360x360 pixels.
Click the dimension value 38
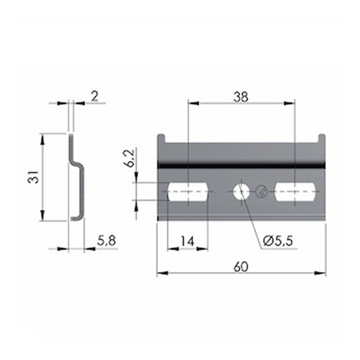(241, 97)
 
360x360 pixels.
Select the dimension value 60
(241, 267)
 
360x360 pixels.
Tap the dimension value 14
(187, 241)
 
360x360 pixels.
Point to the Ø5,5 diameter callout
(278, 241)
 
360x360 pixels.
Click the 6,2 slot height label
(130, 158)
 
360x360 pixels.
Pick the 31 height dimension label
(33, 177)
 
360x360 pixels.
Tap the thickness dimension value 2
(94, 96)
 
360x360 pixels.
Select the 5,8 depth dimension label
(107, 241)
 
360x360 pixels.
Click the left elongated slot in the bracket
(188, 192)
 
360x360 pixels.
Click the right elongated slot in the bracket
(295, 192)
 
